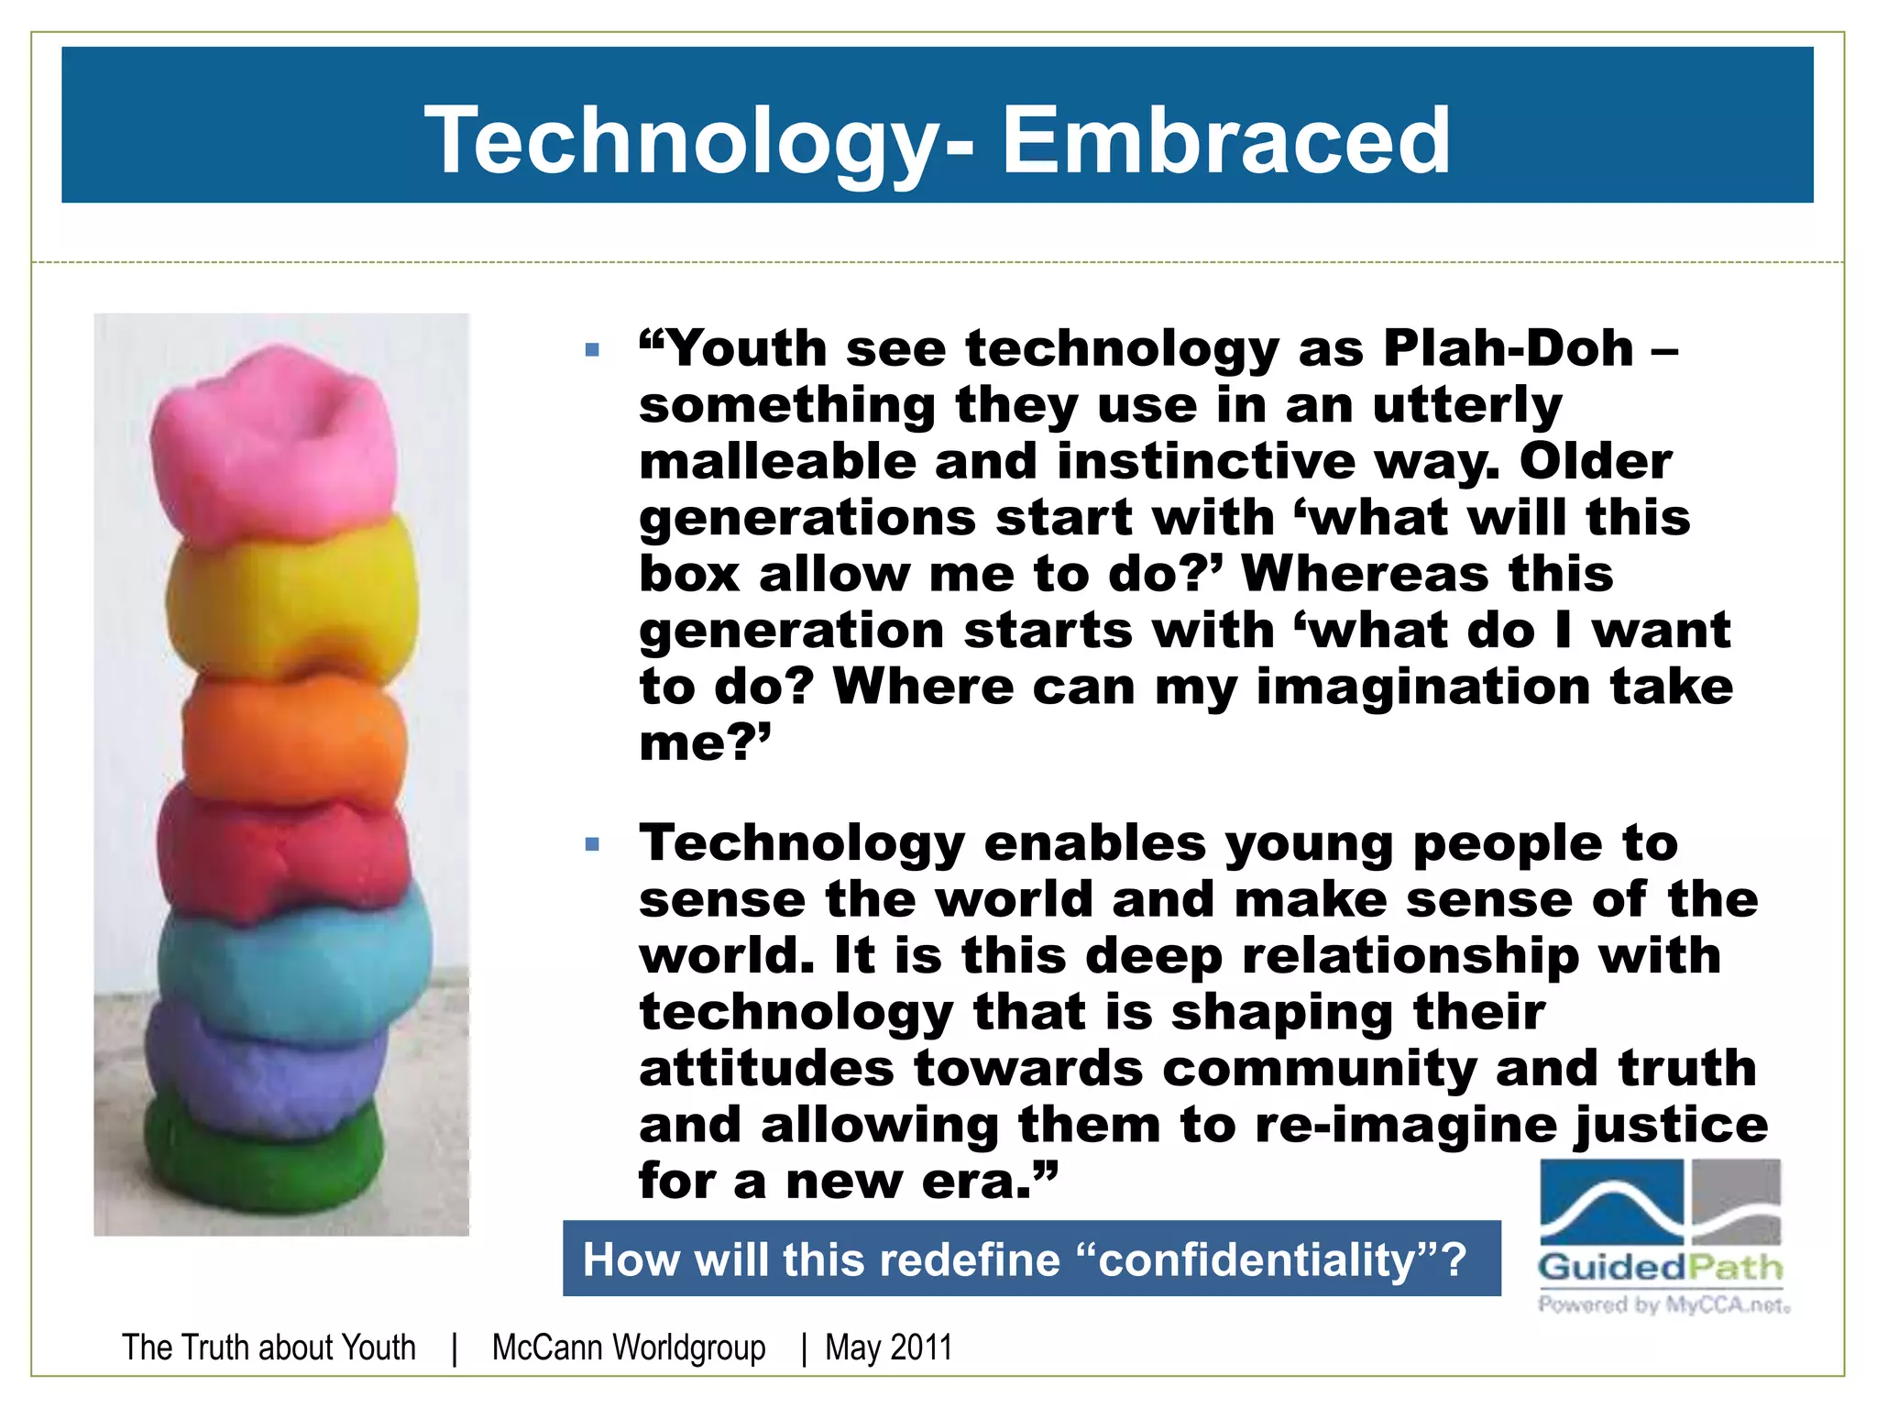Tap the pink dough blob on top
[275, 440]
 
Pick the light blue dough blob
[293, 958]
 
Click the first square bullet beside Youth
[592, 349]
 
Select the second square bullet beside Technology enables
[592, 843]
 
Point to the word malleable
[777, 461]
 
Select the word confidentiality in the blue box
[1257, 1259]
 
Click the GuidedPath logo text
[1660, 1268]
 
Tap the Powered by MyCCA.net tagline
[1663, 1304]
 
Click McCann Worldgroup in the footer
[629, 1347]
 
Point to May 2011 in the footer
[888, 1347]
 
